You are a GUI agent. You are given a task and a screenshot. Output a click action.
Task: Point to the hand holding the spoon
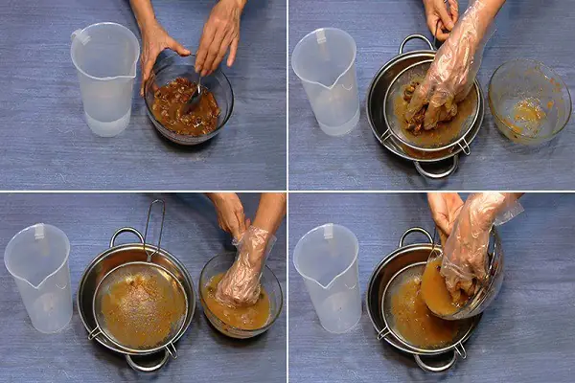coord(219,38)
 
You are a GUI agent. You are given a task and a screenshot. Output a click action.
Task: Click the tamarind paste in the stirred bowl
coord(182,110)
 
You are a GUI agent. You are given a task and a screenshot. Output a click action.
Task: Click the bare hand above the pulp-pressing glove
coord(441,14)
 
